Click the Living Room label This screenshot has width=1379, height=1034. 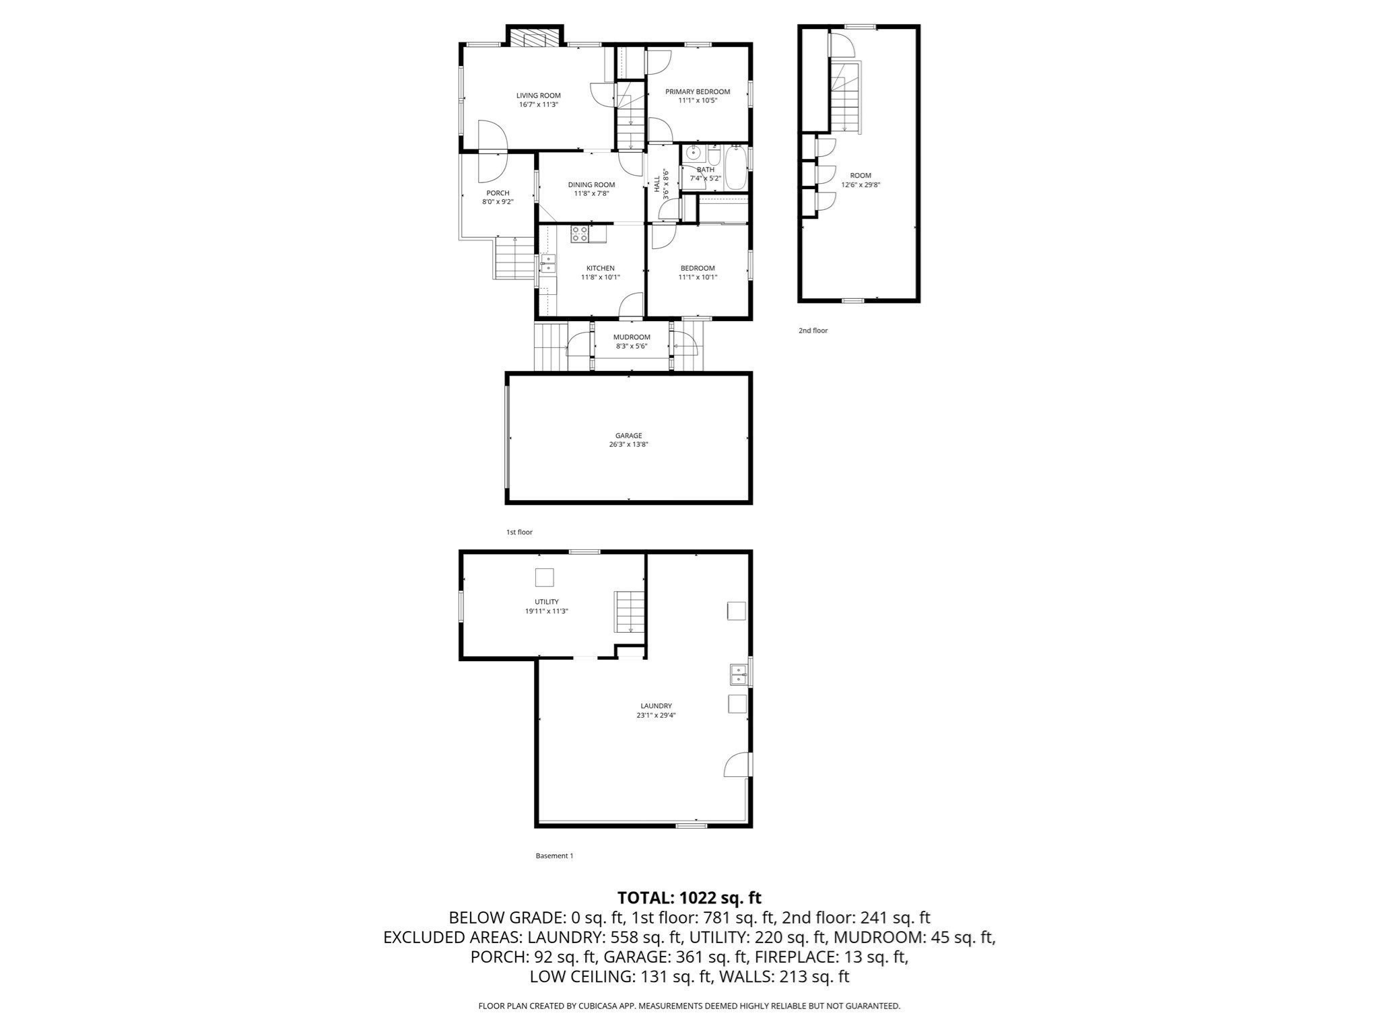(x=538, y=96)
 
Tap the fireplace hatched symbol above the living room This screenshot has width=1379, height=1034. (x=535, y=38)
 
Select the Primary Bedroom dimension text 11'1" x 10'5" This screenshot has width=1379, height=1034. (x=698, y=100)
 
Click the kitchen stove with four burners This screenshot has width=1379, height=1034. (x=580, y=234)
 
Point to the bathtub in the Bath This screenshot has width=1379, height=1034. (x=735, y=168)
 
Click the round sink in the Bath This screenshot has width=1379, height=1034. (x=692, y=153)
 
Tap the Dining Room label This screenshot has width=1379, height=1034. (x=591, y=184)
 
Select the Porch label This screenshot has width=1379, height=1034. (x=498, y=193)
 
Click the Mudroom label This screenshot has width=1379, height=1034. (x=632, y=337)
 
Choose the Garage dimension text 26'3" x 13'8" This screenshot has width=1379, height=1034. (x=628, y=444)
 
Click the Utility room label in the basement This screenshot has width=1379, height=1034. (x=546, y=602)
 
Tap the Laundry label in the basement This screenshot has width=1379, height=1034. (x=656, y=706)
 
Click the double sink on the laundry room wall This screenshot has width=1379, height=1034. (x=739, y=674)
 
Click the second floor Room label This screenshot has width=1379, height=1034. (x=861, y=176)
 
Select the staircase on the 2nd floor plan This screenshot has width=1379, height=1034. (x=846, y=98)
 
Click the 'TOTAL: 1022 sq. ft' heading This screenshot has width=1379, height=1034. (x=689, y=897)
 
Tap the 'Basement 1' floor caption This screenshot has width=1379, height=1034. (x=554, y=856)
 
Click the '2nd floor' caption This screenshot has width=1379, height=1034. (x=813, y=331)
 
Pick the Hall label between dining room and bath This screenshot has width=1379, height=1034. (x=657, y=184)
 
